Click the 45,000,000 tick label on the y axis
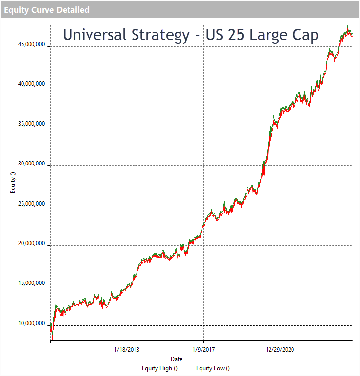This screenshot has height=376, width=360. (x=31, y=44)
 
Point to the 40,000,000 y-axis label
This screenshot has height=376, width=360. (x=31, y=84)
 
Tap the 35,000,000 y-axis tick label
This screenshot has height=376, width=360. (x=31, y=124)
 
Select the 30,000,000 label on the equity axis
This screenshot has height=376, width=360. (x=31, y=164)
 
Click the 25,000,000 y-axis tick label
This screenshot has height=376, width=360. (x=31, y=204)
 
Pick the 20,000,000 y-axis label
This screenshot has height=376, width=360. (x=31, y=243)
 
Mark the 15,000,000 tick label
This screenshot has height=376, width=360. (x=31, y=283)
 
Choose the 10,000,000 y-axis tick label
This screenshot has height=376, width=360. (x=31, y=323)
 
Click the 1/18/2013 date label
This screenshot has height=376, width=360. (x=127, y=350)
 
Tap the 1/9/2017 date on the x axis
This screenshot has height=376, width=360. (x=203, y=350)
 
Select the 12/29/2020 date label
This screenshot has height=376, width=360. (x=280, y=350)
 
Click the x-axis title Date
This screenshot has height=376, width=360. (x=177, y=359)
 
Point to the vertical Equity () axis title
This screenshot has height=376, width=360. (x=13, y=183)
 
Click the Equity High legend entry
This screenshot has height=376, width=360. (x=155, y=368)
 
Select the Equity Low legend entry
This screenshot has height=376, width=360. (x=208, y=368)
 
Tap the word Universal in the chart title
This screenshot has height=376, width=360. (x=94, y=35)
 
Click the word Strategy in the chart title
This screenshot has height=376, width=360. (x=161, y=35)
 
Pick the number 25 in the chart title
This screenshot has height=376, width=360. (x=236, y=35)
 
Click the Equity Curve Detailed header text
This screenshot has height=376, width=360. (x=46, y=10)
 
